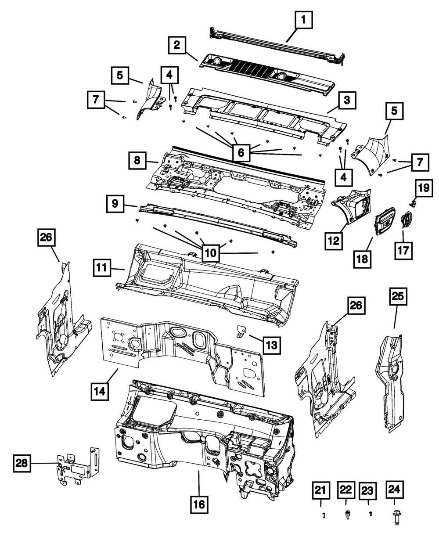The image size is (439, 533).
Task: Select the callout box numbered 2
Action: click(176, 45)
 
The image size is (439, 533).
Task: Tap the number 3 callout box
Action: click(346, 101)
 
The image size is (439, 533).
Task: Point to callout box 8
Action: click(137, 161)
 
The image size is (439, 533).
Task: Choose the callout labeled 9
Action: click(115, 203)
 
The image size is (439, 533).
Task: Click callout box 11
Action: click(101, 267)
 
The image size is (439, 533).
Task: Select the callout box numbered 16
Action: click(199, 505)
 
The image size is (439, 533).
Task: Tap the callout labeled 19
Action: click(423, 189)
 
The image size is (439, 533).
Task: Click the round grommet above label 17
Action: click(407, 218)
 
